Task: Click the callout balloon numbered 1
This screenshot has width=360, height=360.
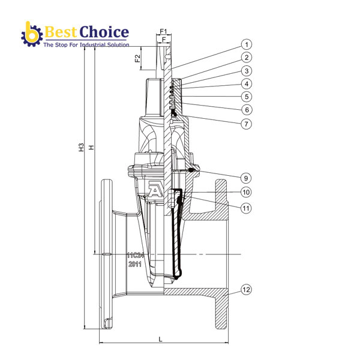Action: click(247, 44)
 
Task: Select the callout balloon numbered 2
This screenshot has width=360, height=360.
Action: click(247, 58)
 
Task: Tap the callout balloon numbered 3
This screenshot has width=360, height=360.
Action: click(247, 71)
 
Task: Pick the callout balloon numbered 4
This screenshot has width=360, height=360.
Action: click(247, 84)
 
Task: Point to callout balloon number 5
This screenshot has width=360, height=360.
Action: click(247, 97)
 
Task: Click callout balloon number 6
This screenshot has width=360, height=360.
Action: click(247, 110)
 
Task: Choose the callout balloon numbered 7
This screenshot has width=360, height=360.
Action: click(247, 124)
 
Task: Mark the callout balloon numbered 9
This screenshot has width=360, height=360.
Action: click(247, 178)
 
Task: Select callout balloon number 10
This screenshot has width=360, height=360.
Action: click(247, 193)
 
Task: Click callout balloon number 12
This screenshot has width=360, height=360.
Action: click(247, 290)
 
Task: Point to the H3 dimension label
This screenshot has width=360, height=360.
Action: click(81, 148)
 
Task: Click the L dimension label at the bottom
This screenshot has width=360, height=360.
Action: click(160, 340)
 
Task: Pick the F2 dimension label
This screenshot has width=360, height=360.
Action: click(137, 59)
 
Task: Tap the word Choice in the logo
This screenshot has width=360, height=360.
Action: click(103, 32)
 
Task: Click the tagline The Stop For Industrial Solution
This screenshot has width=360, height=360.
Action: click(86, 45)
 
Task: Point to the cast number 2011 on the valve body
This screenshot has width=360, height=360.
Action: click(134, 264)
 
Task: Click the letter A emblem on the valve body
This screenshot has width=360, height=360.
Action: click(156, 191)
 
